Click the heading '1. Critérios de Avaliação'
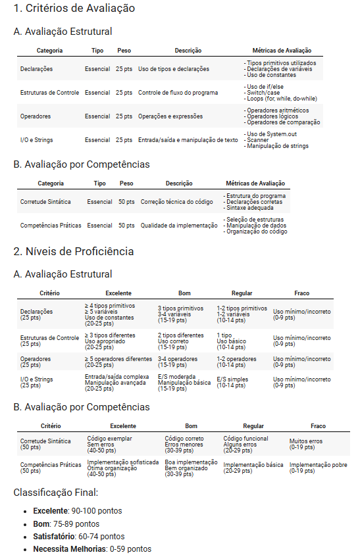click(x=74, y=9)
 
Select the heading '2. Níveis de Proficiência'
click(x=73, y=251)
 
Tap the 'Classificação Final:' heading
click(x=55, y=492)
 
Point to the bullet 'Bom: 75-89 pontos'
click(x=66, y=523)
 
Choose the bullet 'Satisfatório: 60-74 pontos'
click(x=78, y=536)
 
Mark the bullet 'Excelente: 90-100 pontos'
click(x=77, y=511)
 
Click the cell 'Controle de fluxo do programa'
click(x=178, y=93)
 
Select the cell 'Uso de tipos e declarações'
click(x=174, y=69)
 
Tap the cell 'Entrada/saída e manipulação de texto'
click(x=188, y=140)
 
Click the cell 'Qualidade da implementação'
click(x=179, y=225)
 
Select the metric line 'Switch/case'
click(x=263, y=93)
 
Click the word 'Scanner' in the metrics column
click(x=257, y=140)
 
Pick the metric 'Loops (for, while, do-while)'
click(x=282, y=98)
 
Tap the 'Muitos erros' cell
click(x=307, y=441)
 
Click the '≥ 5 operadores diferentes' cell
click(x=118, y=359)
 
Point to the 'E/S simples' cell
click(x=232, y=379)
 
